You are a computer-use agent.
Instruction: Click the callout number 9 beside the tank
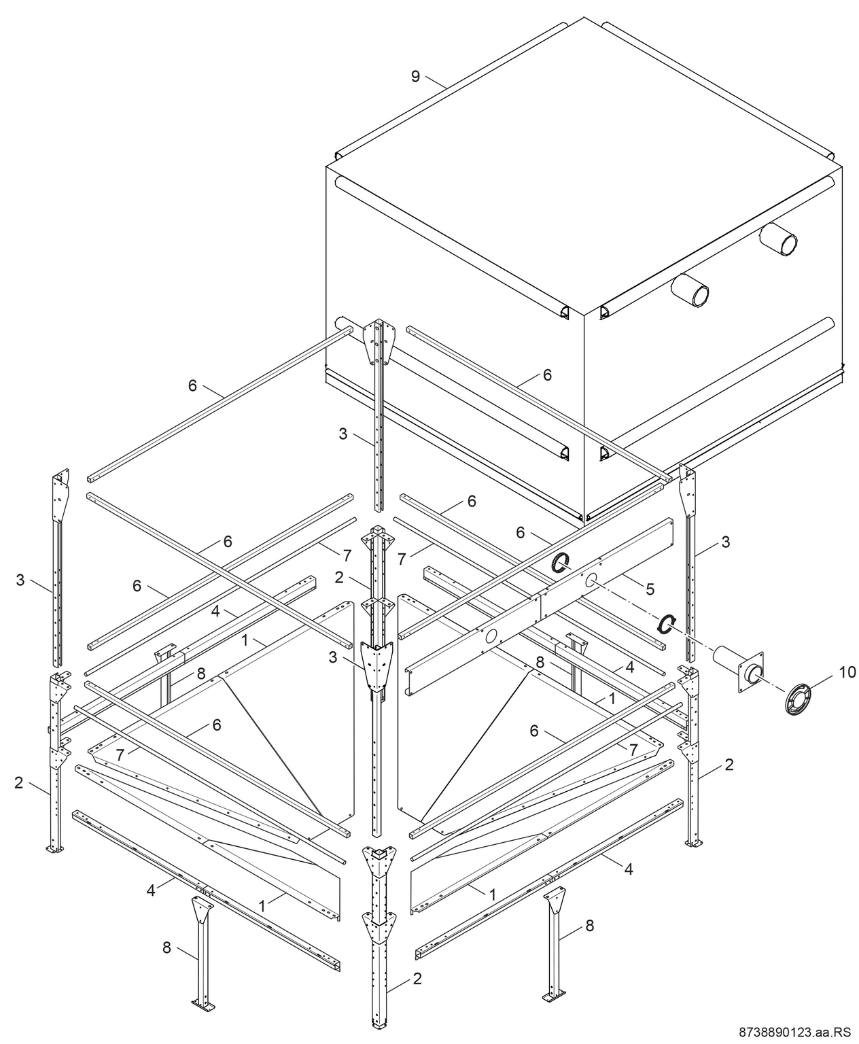pos(415,76)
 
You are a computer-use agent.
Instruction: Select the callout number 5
pos(650,589)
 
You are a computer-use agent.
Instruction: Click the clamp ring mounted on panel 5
pos(561,562)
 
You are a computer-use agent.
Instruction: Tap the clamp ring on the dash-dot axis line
pos(667,623)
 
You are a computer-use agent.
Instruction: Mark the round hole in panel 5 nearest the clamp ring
pos(592,579)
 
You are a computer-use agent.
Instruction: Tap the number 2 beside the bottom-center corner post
pos(417,979)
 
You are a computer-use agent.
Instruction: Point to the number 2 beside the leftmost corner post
pos(18,782)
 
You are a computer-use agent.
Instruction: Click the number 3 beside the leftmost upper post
pos(20,580)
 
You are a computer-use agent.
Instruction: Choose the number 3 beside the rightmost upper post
pos(726,542)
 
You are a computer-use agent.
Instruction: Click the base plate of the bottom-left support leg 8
pos(203,1004)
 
